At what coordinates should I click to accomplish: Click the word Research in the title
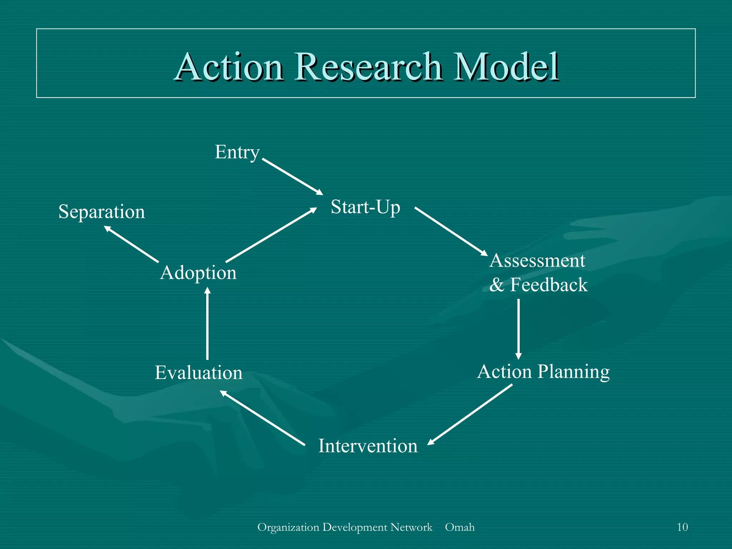point(368,67)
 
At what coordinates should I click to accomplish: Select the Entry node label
point(237,153)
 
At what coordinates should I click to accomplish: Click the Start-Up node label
point(365,207)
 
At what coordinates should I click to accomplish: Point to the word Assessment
point(537,261)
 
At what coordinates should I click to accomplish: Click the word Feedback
point(549,285)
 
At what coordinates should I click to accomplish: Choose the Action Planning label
point(543,372)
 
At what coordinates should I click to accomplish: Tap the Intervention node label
point(368,446)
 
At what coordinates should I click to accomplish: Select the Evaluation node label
point(198,373)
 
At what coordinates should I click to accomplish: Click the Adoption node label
point(198,273)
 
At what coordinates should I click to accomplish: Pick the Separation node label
point(102,212)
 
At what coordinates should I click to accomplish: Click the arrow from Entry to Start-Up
point(292,177)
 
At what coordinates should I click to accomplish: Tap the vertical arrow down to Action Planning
point(518,329)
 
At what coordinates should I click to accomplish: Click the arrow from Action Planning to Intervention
point(470,414)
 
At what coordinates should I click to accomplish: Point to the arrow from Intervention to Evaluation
point(262,418)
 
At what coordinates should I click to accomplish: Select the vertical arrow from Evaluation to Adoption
point(207,323)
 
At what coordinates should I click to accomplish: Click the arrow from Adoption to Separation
point(131,244)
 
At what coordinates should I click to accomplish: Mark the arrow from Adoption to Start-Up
point(271,235)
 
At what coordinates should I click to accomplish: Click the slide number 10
point(682,527)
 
